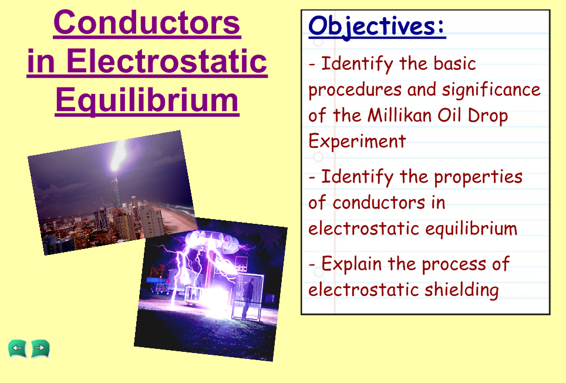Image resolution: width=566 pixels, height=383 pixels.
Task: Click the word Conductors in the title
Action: click(147, 23)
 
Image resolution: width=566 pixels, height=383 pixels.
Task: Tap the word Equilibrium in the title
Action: click(147, 100)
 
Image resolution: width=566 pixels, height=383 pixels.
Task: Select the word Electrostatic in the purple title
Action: click(166, 61)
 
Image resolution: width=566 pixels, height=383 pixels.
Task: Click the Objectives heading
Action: click(377, 26)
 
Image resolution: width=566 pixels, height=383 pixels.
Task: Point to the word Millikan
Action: click(400, 116)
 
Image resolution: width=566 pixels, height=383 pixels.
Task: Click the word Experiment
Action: click(357, 142)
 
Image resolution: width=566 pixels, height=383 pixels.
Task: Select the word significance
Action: click(491, 90)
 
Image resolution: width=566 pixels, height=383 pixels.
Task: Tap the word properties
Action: click(478, 177)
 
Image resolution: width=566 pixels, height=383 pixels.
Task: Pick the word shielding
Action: click(461, 290)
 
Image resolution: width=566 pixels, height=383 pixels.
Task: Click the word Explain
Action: click(351, 264)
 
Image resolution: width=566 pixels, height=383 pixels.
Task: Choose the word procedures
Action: click(355, 90)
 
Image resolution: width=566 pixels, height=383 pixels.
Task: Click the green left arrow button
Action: click(18, 349)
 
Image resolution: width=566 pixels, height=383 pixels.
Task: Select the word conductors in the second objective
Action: click(379, 203)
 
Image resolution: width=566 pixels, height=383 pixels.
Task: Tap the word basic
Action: click(455, 63)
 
